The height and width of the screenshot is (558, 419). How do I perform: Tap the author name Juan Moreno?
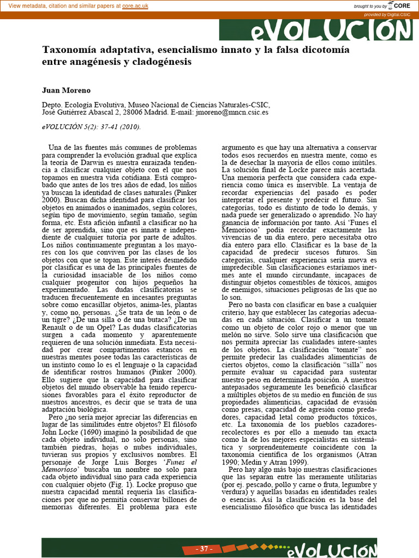tap(66, 90)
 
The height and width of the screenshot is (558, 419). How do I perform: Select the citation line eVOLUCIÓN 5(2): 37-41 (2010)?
tap(91, 127)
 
